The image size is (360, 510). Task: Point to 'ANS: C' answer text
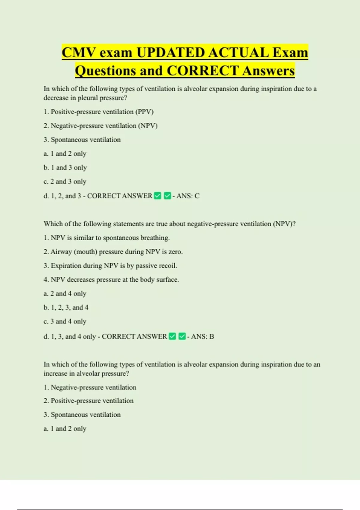pyautogui.click(x=188, y=196)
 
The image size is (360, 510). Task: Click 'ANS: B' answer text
pyautogui.click(x=202, y=337)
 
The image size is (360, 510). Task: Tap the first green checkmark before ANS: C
pyautogui.click(x=157, y=196)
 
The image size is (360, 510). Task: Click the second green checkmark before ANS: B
pyautogui.click(x=182, y=336)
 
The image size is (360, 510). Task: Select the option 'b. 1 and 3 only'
pyautogui.click(x=65, y=167)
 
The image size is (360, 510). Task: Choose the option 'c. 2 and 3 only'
pyautogui.click(x=65, y=181)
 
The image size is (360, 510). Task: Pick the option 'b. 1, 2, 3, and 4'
pyautogui.click(x=66, y=307)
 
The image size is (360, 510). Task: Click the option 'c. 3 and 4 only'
pyautogui.click(x=65, y=321)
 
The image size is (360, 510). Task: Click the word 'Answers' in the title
pyautogui.click(x=268, y=71)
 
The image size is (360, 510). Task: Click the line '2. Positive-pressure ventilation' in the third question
pyautogui.click(x=88, y=401)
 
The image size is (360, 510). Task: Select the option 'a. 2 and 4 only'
pyautogui.click(x=65, y=293)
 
